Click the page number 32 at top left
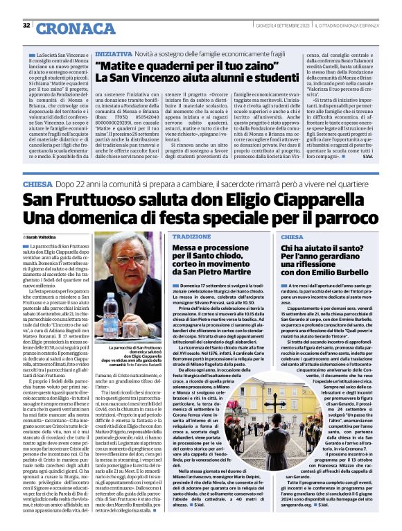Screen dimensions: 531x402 [26, 26]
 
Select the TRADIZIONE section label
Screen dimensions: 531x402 [192, 236]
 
